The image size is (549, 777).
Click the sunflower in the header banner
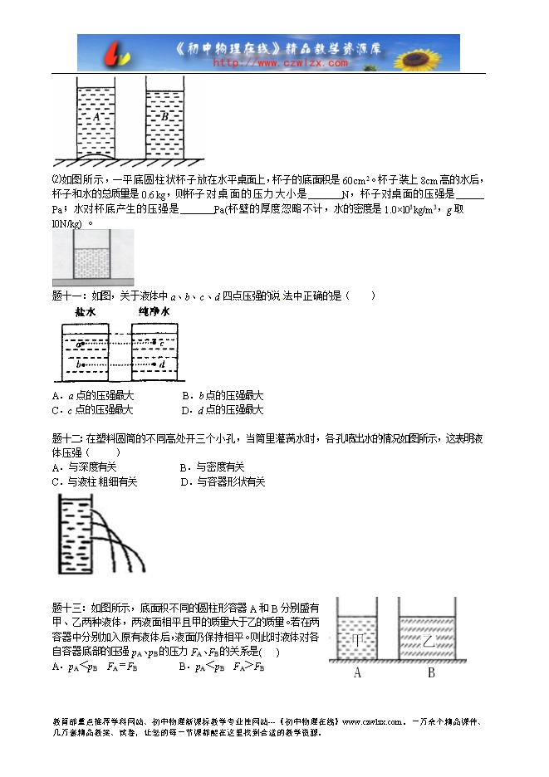pos(434,52)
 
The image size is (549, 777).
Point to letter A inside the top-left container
pos(96,117)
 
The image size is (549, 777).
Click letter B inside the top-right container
pos(164,117)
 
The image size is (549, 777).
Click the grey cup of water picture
pos(92,258)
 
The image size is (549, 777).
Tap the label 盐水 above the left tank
pos(86,313)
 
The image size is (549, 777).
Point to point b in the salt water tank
pos(80,364)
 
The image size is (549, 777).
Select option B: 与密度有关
pos(213,467)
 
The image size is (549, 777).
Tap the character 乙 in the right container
pos(429,641)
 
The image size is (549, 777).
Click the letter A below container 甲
pos(358,673)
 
